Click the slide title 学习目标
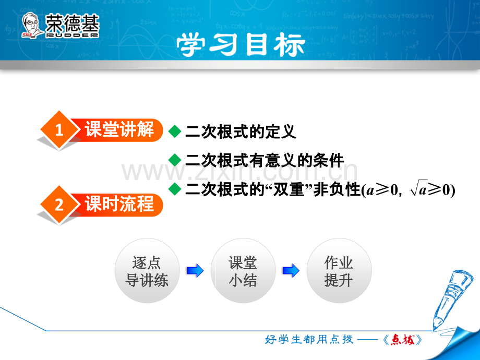241,45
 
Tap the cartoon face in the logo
31,25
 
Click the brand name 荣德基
72,23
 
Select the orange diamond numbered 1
59,130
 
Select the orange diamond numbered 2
59,205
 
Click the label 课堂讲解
119,129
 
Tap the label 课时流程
119,203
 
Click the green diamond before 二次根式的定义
175,131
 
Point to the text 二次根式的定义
241,131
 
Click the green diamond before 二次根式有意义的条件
175,160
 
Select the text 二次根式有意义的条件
265,160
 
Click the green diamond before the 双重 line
175,188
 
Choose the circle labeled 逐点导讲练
147,271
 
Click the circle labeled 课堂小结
243,271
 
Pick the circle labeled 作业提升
339,271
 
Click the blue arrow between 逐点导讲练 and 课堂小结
195,271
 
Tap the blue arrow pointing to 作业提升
291,271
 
